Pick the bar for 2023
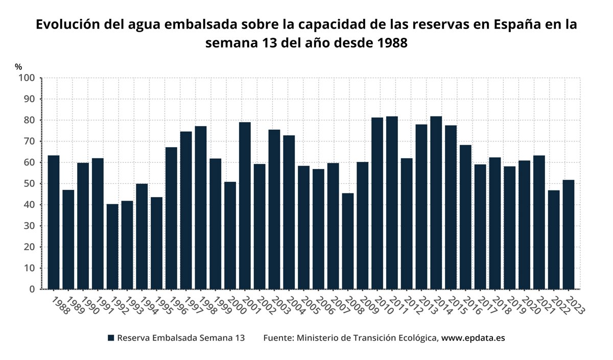568,234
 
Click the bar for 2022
554,239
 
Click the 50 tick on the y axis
29,184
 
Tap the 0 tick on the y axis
32,289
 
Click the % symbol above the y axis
18,67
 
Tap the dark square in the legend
111,338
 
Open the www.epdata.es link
473,338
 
